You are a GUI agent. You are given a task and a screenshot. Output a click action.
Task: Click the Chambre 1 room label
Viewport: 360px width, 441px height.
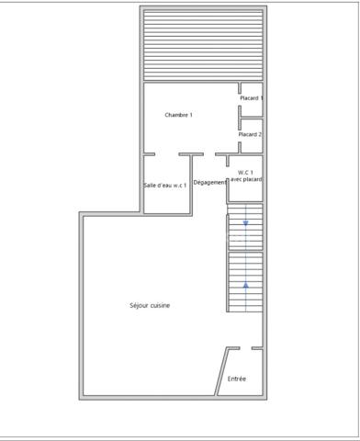pos(178,115)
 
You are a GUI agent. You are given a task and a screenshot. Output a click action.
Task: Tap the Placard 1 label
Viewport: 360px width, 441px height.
pos(252,98)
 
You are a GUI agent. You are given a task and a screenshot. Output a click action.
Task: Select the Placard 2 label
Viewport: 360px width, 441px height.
pos(250,134)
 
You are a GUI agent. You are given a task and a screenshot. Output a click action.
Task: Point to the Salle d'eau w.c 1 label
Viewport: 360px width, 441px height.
pos(164,186)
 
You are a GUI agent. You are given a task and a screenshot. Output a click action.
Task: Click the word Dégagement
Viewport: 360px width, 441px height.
pos(210,182)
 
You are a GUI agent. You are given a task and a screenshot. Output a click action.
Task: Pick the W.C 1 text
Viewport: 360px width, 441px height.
pos(245,173)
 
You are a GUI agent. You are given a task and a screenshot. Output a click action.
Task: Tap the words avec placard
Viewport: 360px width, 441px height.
pos(246,179)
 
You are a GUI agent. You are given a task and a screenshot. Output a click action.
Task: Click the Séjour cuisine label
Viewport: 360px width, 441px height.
pos(150,305)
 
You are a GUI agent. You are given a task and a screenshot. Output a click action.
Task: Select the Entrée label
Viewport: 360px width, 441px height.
pos(237,379)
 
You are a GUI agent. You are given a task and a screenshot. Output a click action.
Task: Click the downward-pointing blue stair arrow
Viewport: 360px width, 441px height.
pos(245,223)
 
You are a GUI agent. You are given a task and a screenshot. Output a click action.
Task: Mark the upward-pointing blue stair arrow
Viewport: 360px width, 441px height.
pos(245,285)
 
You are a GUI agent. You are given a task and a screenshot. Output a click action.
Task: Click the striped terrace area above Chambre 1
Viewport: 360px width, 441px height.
pos(203,45)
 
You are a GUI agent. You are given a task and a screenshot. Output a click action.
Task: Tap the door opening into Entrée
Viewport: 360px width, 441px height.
pos(246,348)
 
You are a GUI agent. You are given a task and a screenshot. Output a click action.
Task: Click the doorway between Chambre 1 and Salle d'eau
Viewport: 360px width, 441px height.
pos(167,154)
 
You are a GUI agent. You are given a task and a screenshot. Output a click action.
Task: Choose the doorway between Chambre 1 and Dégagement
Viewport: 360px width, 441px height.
pos(209,154)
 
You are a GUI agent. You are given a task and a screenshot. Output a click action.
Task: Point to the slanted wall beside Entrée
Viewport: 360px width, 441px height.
pos(221,371)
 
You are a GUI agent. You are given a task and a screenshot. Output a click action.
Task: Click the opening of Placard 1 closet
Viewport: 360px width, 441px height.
pos(240,100)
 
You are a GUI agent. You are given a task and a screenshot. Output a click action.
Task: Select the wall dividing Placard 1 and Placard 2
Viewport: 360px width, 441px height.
pos(252,118)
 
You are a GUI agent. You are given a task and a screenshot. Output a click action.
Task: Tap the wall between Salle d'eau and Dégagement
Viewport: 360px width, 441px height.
pos(191,185)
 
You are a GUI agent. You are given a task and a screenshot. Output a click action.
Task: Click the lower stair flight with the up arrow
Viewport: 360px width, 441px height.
pos(245,282)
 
